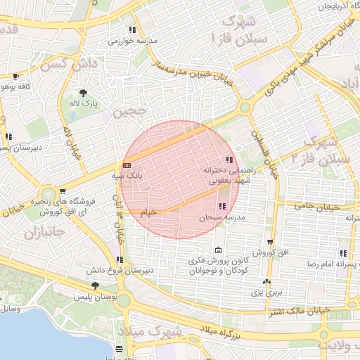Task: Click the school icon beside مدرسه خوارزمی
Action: pos(132,30)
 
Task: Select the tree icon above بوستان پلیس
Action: pos(96,285)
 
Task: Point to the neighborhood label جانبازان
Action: pos(43,231)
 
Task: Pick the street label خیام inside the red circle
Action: pos(148,211)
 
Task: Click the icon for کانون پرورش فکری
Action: pos(218,250)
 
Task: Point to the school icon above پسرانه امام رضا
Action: pos(343,252)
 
